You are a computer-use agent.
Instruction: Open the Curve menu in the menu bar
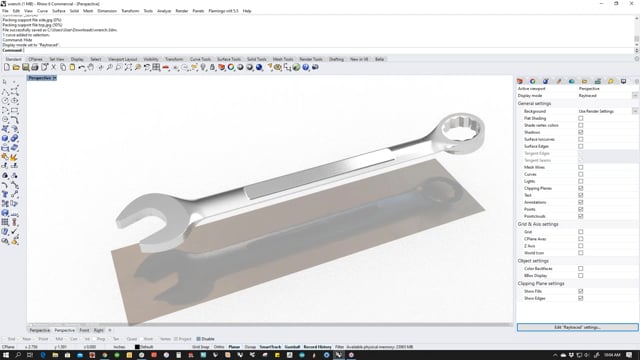(41, 10)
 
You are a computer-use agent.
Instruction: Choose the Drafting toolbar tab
(336, 59)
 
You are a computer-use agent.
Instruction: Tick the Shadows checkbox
(581, 132)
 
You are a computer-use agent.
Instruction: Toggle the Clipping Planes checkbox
(581, 187)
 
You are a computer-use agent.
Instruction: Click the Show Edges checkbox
(581, 298)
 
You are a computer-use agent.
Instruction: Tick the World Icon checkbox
(581, 252)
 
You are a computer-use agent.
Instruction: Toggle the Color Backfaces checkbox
(581, 267)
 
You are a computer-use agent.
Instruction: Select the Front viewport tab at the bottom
(84, 329)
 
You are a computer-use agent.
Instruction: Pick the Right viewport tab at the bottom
(98, 329)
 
